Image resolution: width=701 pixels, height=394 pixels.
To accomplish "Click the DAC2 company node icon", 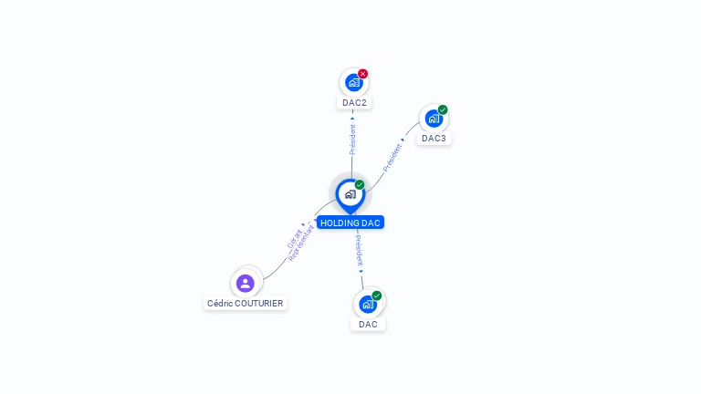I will coord(353,83).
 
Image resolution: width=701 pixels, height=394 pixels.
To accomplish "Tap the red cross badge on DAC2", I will coord(363,74).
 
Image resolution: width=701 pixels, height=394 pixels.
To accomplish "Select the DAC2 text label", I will coord(354,103).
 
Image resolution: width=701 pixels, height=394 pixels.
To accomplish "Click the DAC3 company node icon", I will coord(434,119).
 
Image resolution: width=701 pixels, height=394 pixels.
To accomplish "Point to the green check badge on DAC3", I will coord(443,110).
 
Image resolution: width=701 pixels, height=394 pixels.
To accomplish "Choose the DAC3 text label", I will coord(434,139).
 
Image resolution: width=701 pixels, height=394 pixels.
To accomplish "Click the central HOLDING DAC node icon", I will coord(350,194).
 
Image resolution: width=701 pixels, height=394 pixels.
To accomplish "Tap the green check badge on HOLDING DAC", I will coord(360,185).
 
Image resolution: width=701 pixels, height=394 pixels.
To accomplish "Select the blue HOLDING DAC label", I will coord(350,223).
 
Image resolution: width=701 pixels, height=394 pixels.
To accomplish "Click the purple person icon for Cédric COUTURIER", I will coord(245,283).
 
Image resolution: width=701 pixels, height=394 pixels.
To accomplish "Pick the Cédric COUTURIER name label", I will coord(246,303).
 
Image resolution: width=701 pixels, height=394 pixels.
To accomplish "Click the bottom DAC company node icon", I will coord(368,304).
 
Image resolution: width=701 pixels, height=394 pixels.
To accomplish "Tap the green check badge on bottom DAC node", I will coord(377,295).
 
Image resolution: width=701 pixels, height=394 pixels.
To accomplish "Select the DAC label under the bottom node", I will coord(368,324).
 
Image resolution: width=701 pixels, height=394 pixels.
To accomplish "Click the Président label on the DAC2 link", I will coord(352,140).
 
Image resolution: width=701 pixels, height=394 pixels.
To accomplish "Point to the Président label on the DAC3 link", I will coord(392,157).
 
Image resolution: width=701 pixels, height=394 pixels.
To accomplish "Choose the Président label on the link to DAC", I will coord(359,249).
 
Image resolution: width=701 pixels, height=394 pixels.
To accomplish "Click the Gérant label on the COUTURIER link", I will coord(294,239).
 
